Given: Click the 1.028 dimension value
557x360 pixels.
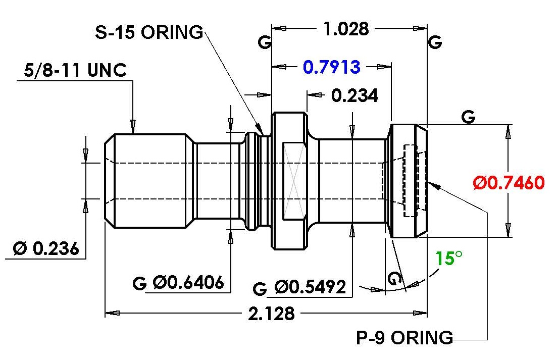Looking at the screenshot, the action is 346,29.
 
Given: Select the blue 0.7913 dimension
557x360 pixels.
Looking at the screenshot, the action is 332,67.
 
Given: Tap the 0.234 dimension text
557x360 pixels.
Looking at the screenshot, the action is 355,95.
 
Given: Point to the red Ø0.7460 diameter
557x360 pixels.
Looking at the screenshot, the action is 509,182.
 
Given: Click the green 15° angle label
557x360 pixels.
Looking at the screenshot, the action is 449,258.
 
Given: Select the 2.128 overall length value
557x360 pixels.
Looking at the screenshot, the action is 271,314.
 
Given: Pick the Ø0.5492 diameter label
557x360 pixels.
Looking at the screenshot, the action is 310,287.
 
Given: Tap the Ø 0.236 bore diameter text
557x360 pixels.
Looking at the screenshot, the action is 46,248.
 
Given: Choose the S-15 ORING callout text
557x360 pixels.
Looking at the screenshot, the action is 149,32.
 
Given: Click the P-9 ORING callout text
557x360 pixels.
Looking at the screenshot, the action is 404,337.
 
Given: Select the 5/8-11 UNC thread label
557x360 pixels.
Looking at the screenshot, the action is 75,70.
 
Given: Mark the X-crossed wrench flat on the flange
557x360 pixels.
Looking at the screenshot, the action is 294,181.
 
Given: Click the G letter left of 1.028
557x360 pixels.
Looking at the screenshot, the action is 265,42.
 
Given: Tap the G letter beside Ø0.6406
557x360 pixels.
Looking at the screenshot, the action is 139,283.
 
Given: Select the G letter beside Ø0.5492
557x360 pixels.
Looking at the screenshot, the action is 260,288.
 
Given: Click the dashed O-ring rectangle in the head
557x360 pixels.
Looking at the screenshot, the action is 410,181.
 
